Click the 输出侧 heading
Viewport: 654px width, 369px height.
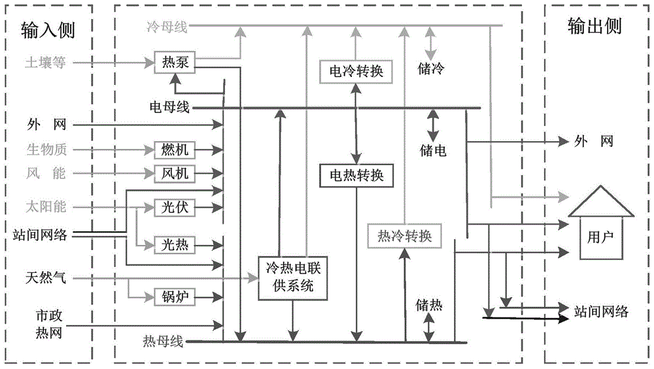coord(594,26)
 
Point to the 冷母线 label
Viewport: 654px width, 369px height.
coord(167,27)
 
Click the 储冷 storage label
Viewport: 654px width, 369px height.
coord(431,67)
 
